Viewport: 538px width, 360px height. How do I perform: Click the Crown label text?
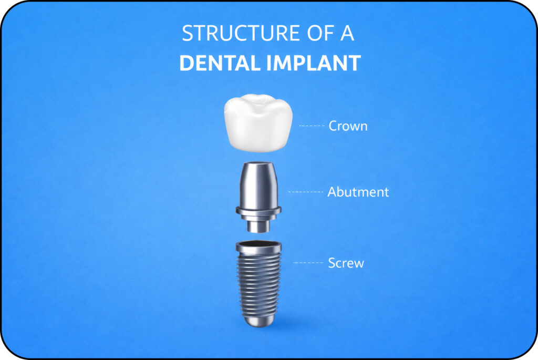pyautogui.click(x=348, y=126)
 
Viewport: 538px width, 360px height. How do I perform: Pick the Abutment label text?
pyautogui.click(x=358, y=192)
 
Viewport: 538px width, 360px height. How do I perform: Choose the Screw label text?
pyautogui.click(x=346, y=263)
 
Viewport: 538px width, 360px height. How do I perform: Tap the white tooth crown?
pyautogui.click(x=257, y=126)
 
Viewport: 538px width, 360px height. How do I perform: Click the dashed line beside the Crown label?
pyautogui.click(x=312, y=126)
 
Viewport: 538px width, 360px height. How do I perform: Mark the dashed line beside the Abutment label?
pyautogui.click(x=306, y=192)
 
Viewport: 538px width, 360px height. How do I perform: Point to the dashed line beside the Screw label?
pyautogui.click(x=308, y=262)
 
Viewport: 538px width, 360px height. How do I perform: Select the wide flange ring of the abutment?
pyautogui.click(x=258, y=212)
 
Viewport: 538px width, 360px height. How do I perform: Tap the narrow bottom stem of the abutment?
pyautogui.click(x=258, y=225)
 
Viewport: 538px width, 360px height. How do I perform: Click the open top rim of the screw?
pyautogui.click(x=258, y=245)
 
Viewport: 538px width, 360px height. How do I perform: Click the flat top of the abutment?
pyautogui.click(x=258, y=164)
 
